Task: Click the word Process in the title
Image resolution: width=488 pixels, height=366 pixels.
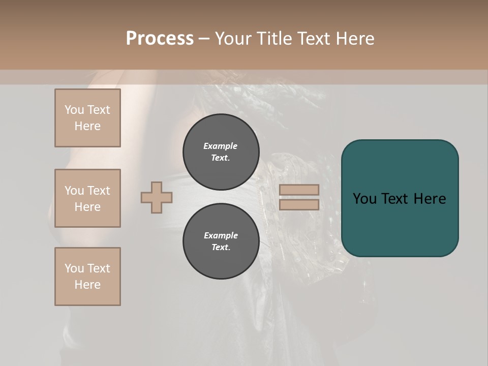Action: pos(160,39)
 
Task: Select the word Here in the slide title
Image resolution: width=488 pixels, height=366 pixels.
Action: pos(354,39)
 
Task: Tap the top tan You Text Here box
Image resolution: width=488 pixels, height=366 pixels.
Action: pos(87,118)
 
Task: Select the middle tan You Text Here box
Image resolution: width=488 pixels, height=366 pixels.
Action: pos(87,198)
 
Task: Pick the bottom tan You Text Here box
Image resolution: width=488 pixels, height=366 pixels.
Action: pos(87,277)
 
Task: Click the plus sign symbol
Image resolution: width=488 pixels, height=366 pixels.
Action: pos(157,197)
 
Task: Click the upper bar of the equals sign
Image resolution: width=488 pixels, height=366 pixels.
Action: pos(299,190)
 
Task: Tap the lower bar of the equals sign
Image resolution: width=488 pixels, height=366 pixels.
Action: pos(299,205)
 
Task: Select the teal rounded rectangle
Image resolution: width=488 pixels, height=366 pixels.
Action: pos(400,224)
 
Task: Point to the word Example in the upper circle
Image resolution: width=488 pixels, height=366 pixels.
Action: pos(221,146)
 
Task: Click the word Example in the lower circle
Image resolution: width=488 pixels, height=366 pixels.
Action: pos(221,235)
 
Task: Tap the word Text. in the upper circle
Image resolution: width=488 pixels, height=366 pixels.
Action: pos(221,158)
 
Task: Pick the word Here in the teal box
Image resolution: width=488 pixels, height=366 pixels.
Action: pos(430,199)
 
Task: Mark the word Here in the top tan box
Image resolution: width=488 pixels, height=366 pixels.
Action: pos(87,126)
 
